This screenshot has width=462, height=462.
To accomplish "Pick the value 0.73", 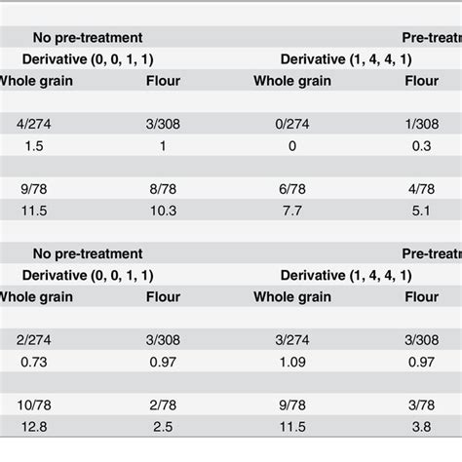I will click(x=31, y=364).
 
